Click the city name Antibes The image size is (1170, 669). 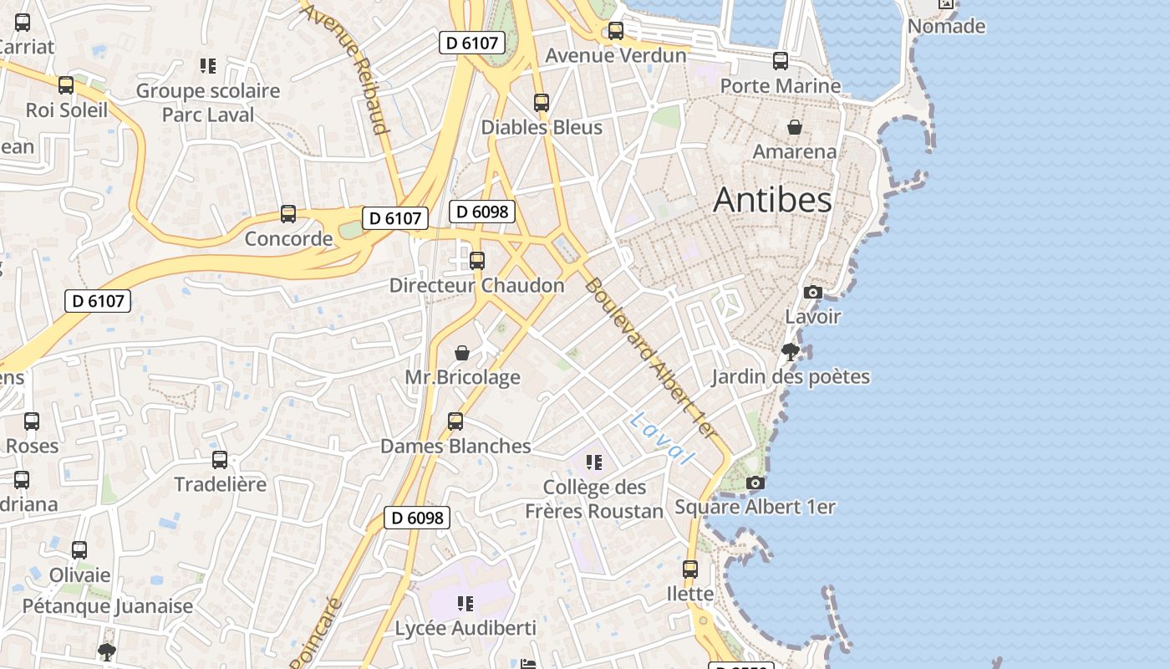click(772, 200)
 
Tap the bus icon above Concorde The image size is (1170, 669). click(288, 214)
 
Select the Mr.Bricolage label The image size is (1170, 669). click(462, 377)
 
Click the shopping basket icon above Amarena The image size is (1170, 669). click(794, 127)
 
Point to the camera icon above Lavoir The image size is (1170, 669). click(812, 292)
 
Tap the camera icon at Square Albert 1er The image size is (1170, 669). click(755, 483)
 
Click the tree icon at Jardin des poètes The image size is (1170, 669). click(790, 351)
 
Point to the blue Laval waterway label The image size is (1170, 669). click(663, 438)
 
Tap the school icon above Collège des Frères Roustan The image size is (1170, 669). click(594, 462)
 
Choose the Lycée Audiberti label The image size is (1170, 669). click(465, 628)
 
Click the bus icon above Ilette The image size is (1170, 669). click(690, 569)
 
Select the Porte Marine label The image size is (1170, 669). click(780, 85)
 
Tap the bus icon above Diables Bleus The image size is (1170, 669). click(542, 103)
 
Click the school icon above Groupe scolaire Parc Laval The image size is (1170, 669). click(208, 65)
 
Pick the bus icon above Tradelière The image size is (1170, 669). click(220, 459)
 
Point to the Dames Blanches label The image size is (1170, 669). click(455, 446)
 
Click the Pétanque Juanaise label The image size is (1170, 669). click(108, 605)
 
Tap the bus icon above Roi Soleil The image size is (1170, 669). click(66, 84)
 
